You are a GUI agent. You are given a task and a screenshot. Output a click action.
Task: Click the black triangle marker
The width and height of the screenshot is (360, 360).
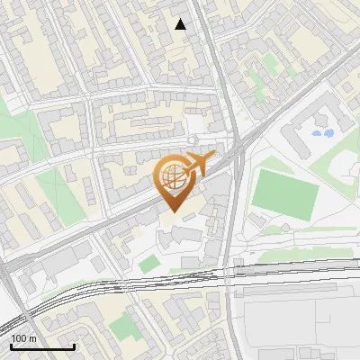click(x=181, y=24)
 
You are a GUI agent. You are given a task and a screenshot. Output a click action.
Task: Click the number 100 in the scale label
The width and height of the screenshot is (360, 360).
click(x=20, y=338)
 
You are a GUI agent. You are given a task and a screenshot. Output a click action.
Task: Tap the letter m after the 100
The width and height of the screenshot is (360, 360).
click(x=34, y=338)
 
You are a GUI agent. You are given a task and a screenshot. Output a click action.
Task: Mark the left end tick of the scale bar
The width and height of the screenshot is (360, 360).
click(x=11, y=346)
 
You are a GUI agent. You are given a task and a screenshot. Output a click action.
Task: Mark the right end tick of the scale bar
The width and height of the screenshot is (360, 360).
click(x=74, y=346)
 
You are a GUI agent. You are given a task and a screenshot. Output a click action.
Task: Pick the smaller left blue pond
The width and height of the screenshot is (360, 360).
click(x=315, y=135)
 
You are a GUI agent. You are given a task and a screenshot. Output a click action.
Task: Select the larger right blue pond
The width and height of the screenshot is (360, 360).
click(x=328, y=133)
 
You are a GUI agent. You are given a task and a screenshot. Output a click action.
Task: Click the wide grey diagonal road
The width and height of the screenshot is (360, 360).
click(x=108, y=225)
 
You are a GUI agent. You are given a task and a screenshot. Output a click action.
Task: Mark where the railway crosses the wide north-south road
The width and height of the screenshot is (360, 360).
click(x=228, y=271)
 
